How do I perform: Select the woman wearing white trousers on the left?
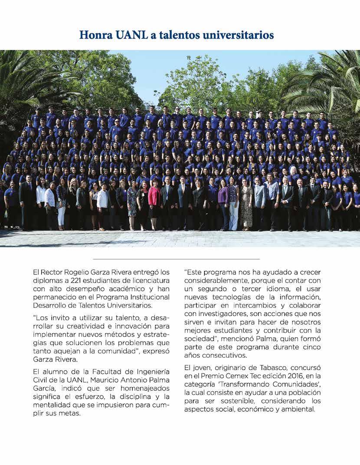(x=61, y=204)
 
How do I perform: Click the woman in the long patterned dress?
(x=246, y=204)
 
